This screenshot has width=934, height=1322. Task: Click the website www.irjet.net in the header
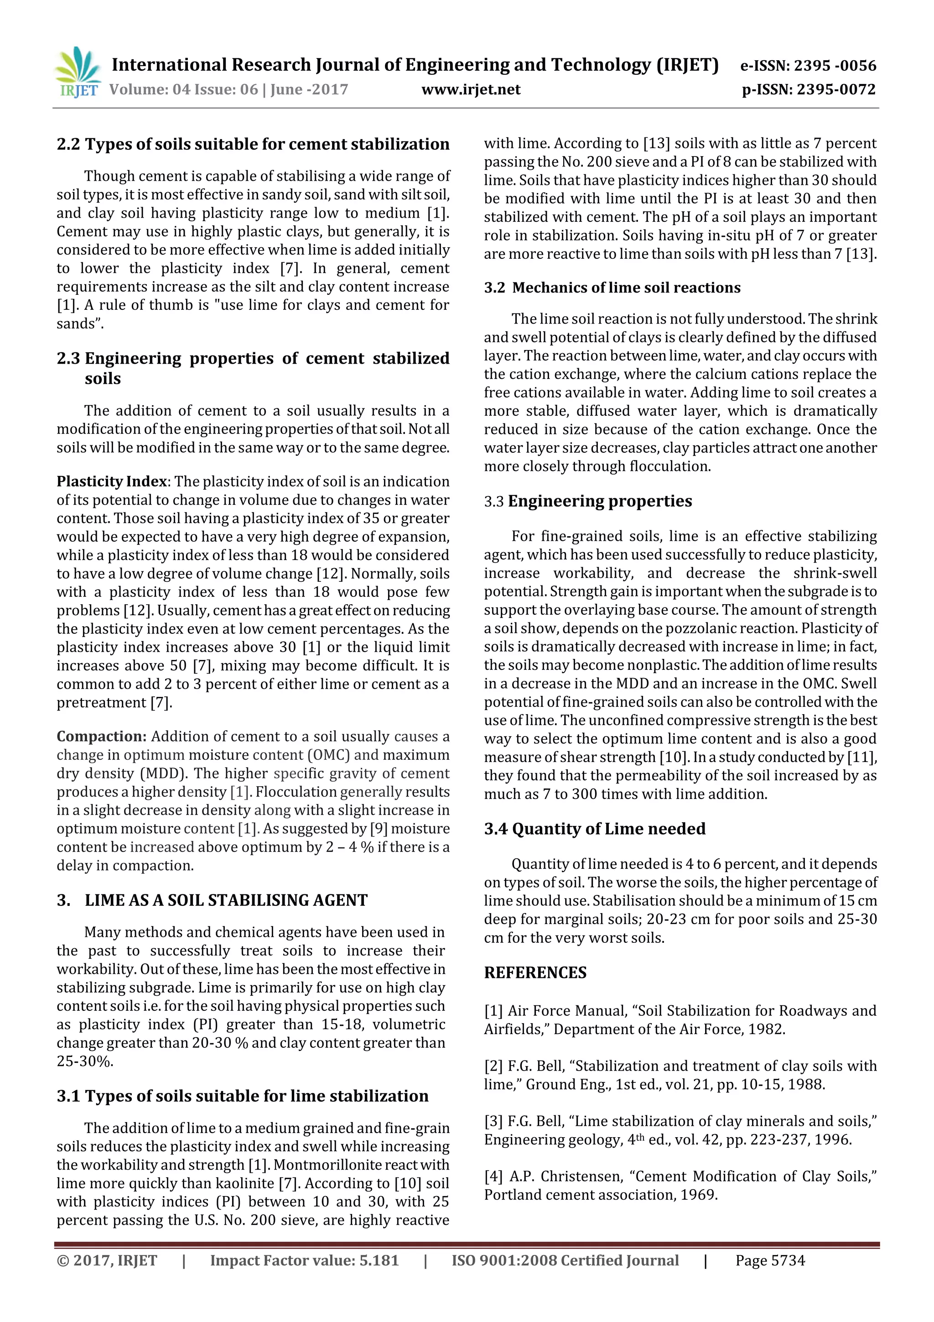click(470, 89)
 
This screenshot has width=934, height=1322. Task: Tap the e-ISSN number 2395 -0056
click(835, 66)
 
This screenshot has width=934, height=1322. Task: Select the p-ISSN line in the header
click(809, 89)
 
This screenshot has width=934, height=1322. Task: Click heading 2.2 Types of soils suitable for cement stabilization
click(253, 144)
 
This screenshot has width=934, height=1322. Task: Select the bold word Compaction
click(101, 737)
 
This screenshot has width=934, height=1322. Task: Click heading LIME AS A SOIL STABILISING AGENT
click(226, 900)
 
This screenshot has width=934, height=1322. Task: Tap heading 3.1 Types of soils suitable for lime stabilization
click(242, 1096)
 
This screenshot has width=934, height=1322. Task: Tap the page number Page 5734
click(769, 1261)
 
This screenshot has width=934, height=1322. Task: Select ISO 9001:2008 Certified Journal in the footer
click(565, 1261)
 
